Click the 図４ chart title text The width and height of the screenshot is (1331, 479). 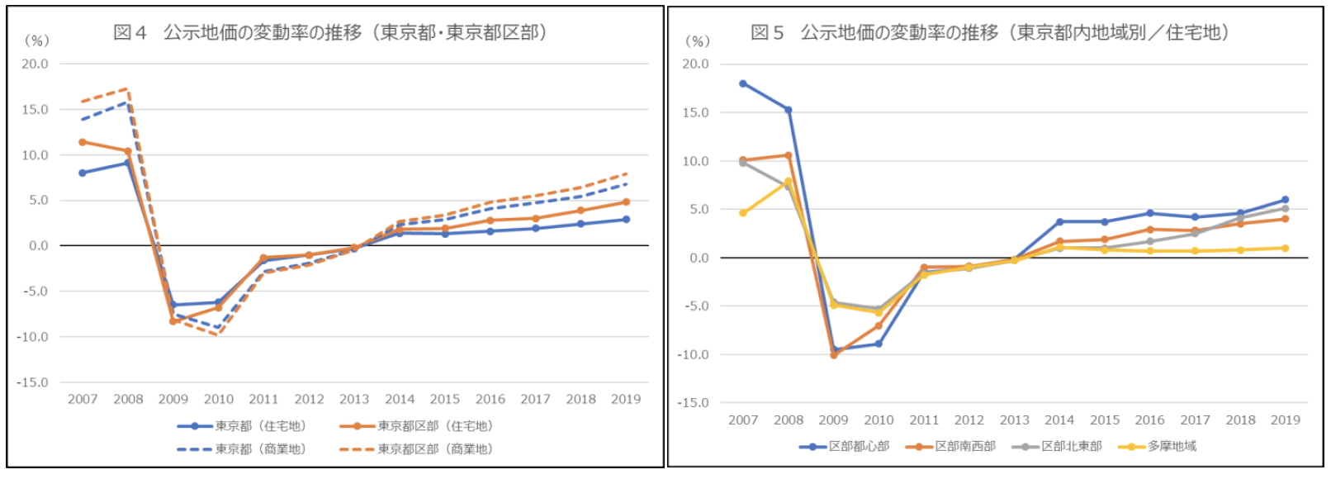tap(330, 32)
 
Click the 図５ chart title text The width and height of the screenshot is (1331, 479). tap(990, 32)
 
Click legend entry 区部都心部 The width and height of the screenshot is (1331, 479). tap(859, 446)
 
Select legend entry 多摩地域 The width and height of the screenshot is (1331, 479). tap(1172, 446)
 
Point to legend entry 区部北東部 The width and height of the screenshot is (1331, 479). tap(1071, 446)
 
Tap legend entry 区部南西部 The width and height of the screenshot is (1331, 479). tap(965, 446)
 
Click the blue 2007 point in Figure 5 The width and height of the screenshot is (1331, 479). tap(743, 83)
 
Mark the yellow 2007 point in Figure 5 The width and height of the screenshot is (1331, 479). tap(743, 213)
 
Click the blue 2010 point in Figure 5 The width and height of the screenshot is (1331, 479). tap(879, 344)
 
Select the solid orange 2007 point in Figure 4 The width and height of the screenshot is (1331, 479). tap(83, 142)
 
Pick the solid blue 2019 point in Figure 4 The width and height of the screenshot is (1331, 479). tap(626, 220)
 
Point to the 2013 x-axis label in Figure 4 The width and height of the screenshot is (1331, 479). tap(354, 399)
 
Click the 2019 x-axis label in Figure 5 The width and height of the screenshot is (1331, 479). tap(1285, 420)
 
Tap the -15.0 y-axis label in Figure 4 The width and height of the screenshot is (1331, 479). tap(33, 382)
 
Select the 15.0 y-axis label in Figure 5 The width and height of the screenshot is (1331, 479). tap(695, 112)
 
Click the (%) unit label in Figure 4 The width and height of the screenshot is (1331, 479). tap(36, 40)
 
